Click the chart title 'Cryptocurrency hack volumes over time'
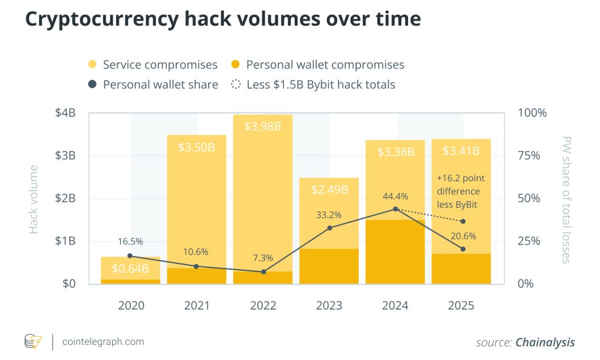tap(223, 19)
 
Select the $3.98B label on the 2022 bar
tap(263, 126)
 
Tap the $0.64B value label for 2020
tap(130, 268)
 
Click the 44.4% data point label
tap(395, 196)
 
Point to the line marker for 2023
tap(329, 227)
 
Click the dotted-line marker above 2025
tap(463, 221)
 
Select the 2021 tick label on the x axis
tap(197, 305)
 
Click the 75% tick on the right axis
tap(529, 155)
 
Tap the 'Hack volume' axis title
tap(34, 199)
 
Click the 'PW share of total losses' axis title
tap(565, 199)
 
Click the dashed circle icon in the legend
tap(236, 85)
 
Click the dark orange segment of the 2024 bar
tap(395, 252)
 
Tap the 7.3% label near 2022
tap(262, 258)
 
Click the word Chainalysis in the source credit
tap(545, 343)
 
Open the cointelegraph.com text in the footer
tap(103, 342)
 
